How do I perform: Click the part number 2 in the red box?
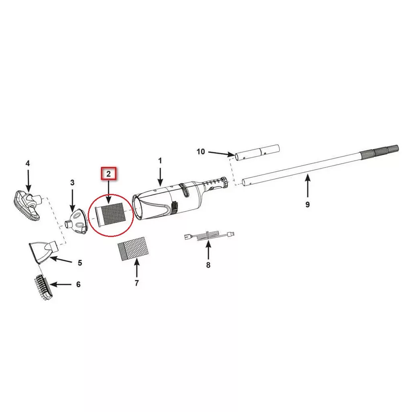(109, 174)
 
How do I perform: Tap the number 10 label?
(201, 152)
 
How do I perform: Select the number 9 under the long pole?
(308, 204)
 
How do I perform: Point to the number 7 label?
(137, 283)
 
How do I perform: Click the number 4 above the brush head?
(28, 163)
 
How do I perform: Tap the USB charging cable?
(209, 235)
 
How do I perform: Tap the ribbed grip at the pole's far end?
(379, 152)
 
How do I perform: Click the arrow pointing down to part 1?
(160, 176)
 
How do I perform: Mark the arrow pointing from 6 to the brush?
(61, 284)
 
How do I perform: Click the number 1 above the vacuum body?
(160, 161)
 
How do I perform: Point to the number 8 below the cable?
(208, 265)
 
